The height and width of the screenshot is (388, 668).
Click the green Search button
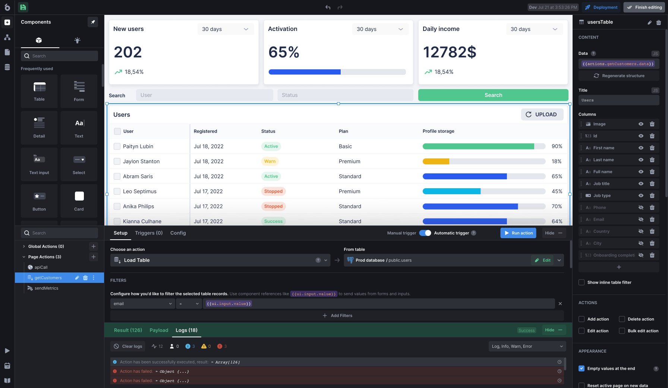493,95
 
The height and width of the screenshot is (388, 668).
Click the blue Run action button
518,233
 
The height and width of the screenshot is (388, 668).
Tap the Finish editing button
645,7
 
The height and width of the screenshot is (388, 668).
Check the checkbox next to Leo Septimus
117,191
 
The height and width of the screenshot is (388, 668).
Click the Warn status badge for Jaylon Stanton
270,161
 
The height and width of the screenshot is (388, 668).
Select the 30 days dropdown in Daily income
534,29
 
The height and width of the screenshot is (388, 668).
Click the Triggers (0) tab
149,233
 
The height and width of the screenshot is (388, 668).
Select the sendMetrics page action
46,288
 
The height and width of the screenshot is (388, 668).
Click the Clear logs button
128,346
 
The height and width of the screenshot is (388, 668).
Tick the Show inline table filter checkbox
582,283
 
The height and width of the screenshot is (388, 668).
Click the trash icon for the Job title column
652,184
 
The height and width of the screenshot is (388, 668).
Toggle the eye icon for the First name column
641,148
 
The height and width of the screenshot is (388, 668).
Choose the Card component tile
79,201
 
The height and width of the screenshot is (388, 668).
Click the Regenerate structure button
619,76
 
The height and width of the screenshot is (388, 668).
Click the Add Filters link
337,316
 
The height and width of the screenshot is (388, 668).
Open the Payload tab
159,330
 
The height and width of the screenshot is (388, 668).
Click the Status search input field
345,95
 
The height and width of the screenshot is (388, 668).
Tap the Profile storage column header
438,131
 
